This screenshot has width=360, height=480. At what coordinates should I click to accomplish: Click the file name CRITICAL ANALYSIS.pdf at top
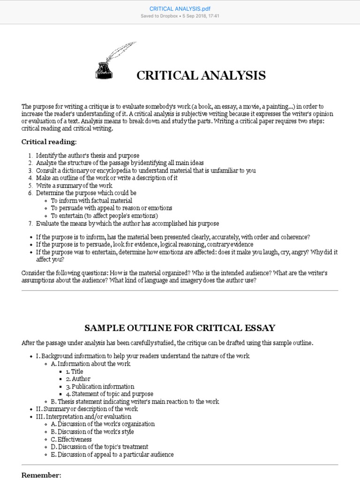tap(180, 8)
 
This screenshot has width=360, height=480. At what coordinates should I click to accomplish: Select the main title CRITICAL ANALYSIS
tap(201, 75)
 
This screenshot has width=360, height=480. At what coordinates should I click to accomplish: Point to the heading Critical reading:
tap(49, 142)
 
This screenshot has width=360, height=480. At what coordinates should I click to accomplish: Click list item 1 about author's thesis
tap(87, 156)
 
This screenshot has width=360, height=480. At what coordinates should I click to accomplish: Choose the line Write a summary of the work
tap(74, 186)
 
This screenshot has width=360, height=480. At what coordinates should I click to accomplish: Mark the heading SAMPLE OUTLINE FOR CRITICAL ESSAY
tap(180, 328)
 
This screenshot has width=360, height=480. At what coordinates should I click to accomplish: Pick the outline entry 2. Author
tap(78, 379)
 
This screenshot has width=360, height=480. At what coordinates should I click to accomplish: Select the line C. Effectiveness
tap(71, 439)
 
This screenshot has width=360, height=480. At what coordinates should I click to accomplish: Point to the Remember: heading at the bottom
tap(41, 475)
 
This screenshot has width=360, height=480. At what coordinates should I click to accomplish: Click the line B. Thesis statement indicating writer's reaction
tap(135, 402)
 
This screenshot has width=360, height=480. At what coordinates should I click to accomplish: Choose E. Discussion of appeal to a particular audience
tap(112, 454)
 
